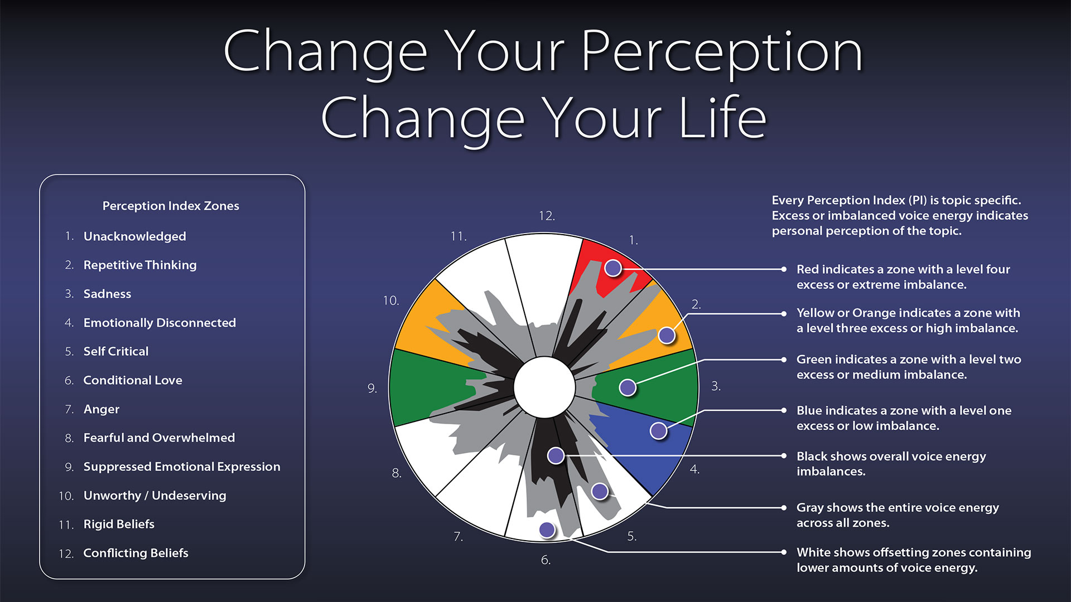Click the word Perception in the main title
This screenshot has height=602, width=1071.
coord(722,53)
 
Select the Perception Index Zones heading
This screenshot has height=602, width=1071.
coord(171,206)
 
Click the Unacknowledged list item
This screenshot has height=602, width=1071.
coord(134,236)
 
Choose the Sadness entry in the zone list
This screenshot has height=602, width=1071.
coord(107,294)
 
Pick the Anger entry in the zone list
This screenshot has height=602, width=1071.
coord(101,409)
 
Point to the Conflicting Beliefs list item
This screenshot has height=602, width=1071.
coord(136,553)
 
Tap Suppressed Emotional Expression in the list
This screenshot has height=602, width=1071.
coord(182,467)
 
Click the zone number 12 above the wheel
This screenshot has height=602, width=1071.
coord(547,216)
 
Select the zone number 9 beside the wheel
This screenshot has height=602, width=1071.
coord(372,389)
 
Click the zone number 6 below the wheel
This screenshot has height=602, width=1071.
coord(546,560)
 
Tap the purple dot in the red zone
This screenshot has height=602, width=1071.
coord(613,268)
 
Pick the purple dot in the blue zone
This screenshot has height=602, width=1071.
coord(659,430)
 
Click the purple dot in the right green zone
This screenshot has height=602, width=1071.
coord(628,387)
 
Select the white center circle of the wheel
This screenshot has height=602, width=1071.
coord(544,387)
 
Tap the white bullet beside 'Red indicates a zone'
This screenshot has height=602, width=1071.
coord(784,269)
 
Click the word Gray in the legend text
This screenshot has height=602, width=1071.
coord(810,508)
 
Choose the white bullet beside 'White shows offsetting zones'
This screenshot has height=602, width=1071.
coord(784,552)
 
